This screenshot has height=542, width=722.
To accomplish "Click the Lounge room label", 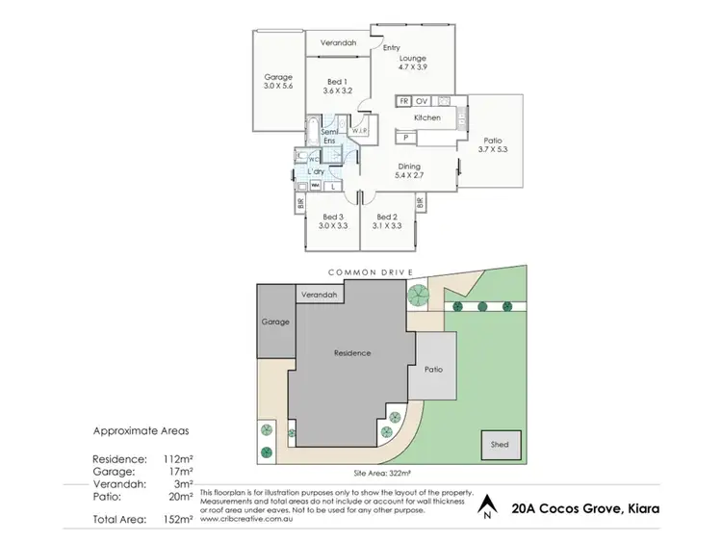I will pyautogui.click(x=413, y=59).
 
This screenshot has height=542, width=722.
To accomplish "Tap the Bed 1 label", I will pyautogui.click(x=336, y=82).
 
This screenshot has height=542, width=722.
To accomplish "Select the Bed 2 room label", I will pyautogui.click(x=387, y=217).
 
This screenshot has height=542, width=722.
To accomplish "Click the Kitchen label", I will pyautogui.click(x=427, y=117).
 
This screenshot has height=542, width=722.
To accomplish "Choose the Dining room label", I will pyautogui.click(x=409, y=166).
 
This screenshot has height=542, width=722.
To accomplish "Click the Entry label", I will pyautogui.click(x=391, y=48).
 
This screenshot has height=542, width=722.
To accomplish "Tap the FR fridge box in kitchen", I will pyautogui.click(x=404, y=100).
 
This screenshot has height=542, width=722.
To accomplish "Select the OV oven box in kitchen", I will pyautogui.click(x=422, y=100).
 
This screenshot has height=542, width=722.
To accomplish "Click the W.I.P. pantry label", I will pyautogui.click(x=359, y=131).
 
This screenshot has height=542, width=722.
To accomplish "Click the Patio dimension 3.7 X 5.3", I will pyautogui.click(x=497, y=149).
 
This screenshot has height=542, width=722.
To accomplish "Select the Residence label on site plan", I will pyautogui.click(x=351, y=353).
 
